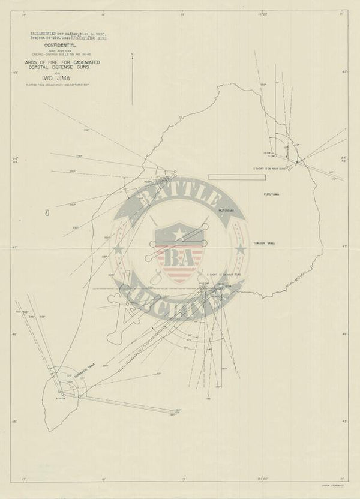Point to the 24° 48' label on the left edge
tap(16, 161)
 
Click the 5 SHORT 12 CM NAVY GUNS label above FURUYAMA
tap(272, 169)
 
